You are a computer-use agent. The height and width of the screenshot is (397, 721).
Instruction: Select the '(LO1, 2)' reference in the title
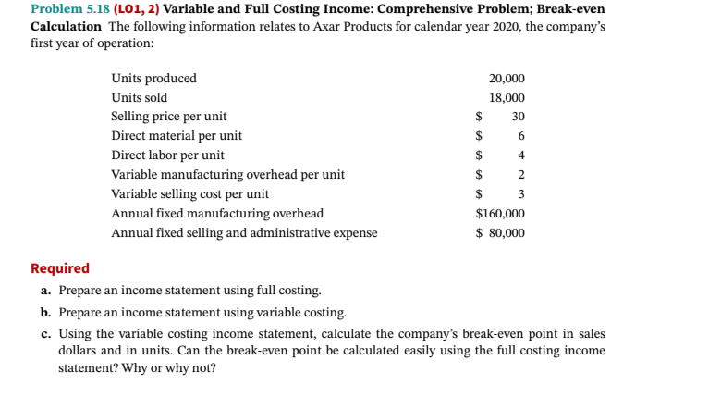[136, 9]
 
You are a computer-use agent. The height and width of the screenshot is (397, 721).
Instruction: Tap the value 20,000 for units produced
[507, 79]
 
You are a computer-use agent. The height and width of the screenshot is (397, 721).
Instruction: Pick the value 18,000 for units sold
[507, 98]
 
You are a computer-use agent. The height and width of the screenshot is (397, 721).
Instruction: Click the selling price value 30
[518, 117]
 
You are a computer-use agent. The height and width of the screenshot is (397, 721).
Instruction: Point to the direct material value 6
[521, 136]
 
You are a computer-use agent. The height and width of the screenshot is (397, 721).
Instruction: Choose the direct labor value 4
[521, 155]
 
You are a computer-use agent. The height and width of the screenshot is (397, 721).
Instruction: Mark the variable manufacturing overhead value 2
[521, 175]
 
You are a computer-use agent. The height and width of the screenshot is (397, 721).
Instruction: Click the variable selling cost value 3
[521, 194]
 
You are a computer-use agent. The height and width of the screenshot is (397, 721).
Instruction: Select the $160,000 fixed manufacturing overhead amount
[500, 214]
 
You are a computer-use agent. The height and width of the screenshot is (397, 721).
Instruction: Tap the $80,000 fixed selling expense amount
[500, 233]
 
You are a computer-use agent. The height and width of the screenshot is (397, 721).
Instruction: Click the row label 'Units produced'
[153, 79]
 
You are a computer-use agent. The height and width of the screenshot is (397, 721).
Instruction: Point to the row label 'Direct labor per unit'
[167, 155]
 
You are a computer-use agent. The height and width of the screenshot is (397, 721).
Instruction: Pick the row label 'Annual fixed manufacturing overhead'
[217, 214]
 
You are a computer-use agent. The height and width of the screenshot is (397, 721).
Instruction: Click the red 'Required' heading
[60, 268]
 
